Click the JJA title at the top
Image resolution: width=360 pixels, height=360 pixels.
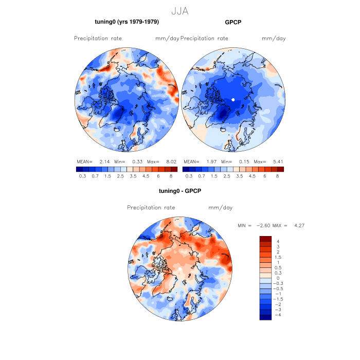180,10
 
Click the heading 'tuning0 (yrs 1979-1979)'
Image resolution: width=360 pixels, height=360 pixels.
127,22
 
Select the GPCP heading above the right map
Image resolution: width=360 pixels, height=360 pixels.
233,22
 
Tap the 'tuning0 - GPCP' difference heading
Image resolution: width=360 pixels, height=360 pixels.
180,191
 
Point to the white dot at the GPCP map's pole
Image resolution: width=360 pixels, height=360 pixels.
233,99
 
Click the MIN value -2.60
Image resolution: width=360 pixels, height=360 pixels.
264,226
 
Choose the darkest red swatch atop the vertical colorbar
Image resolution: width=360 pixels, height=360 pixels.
265,239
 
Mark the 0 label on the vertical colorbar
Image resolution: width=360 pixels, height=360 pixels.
278,278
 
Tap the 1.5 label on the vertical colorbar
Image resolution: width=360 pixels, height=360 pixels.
278,257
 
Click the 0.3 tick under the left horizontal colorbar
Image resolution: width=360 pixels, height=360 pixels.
82,176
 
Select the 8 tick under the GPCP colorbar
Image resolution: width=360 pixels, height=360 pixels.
277,176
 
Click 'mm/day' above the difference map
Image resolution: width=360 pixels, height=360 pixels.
220,208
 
